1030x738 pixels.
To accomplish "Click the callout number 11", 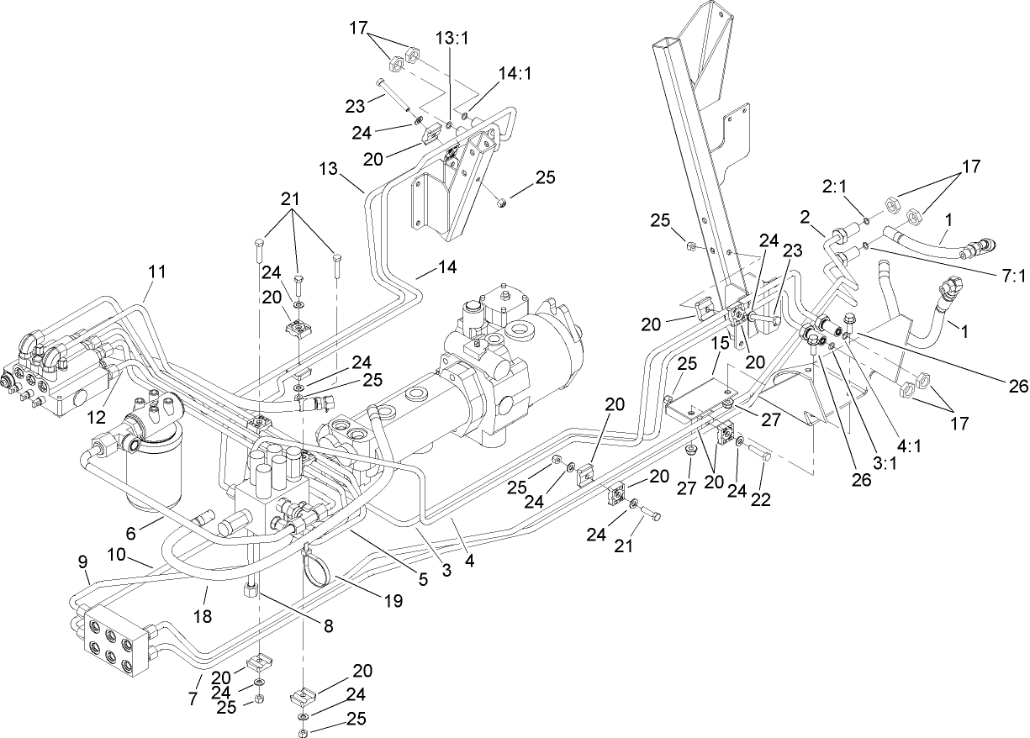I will click(156, 271).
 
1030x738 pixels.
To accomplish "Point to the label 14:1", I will click(515, 73).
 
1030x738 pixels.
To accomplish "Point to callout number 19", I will click(394, 601).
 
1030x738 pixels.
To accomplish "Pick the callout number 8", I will click(328, 625).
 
